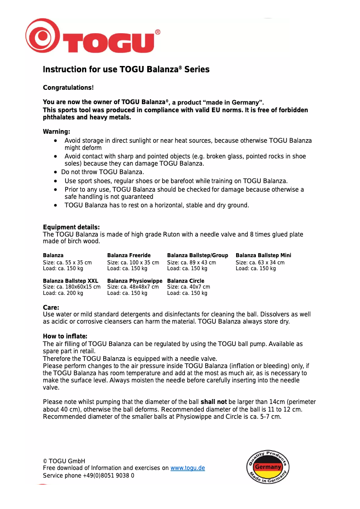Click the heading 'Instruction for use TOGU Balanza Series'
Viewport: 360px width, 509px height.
(126, 70)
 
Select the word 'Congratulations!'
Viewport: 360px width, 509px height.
(68, 88)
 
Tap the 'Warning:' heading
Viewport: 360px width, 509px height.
(57, 132)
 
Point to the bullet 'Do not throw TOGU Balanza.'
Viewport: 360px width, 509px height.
(102, 172)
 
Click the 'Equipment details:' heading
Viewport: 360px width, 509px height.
(71, 227)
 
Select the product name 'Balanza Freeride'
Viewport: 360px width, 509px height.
(129, 255)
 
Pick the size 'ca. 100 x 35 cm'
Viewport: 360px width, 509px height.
(140, 263)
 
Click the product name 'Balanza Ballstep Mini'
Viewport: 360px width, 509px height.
(263, 255)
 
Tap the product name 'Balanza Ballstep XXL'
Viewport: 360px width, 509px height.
(70, 281)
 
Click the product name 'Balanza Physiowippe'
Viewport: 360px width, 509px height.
(135, 281)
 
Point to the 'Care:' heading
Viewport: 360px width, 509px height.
(51, 307)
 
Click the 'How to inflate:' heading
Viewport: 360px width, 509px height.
(65, 337)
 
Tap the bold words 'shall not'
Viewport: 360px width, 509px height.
(213, 402)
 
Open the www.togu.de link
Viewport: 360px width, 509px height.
(188, 468)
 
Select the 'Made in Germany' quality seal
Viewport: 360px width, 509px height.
(268, 467)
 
